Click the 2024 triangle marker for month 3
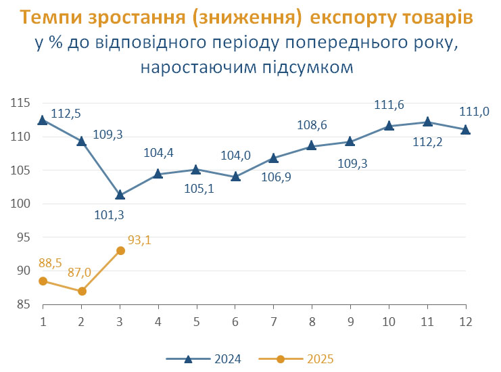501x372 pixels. [x=120, y=195]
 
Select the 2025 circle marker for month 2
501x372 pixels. [x=82, y=291]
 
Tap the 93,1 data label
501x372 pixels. [x=140, y=239]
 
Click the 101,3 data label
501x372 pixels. [x=111, y=216]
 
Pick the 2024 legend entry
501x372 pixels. [x=203, y=358]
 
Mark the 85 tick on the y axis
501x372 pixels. [x=23, y=304]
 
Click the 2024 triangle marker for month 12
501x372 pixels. [x=465, y=129]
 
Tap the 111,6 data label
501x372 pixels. [x=389, y=105]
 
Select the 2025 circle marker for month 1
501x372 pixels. [x=43, y=281]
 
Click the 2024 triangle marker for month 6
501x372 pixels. [x=235, y=177]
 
